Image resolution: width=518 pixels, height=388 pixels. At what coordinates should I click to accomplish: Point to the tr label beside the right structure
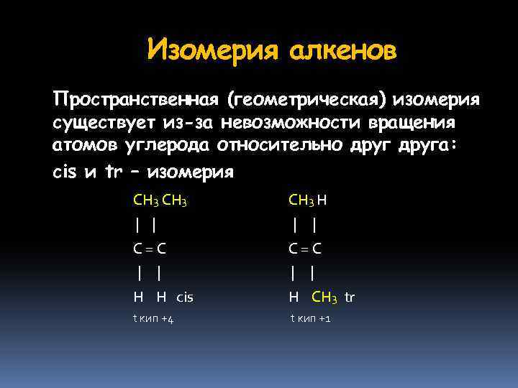pyautogui.click(x=350, y=297)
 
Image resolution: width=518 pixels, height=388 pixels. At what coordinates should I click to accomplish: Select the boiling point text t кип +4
pyautogui.click(x=153, y=319)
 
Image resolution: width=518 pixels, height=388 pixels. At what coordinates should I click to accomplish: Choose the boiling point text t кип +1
pyautogui.click(x=310, y=319)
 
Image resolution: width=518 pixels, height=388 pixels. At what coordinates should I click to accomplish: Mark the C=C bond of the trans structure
pyautogui.click(x=304, y=249)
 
